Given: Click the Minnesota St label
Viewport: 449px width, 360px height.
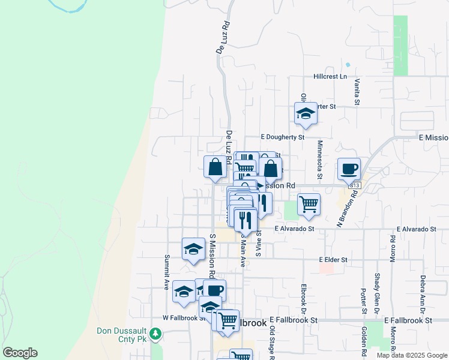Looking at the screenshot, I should click(x=320, y=156).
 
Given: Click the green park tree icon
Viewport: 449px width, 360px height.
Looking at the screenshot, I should click(x=155, y=333).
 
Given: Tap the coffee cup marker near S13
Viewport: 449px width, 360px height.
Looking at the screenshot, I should click(x=349, y=169).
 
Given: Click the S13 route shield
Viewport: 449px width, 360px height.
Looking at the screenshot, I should click(x=355, y=185).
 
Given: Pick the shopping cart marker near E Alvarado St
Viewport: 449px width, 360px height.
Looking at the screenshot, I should click(x=309, y=203).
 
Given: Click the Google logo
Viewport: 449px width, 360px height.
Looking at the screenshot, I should click(x=20, y=353).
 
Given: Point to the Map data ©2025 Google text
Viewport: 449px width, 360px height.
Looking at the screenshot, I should click(x=411, y=355).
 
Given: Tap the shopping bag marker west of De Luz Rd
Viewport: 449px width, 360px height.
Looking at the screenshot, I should click(x=215, y=167).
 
